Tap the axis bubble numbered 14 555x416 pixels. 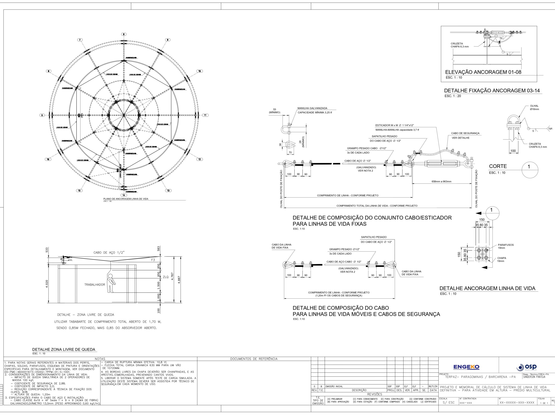pos(124,195)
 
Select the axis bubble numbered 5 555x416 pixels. pos(42,115)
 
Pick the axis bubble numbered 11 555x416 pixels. pos(205,115)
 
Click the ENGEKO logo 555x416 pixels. pos(466,367)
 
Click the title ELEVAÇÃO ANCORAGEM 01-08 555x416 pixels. pos(483,72)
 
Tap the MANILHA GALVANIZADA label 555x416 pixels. pos(312,108)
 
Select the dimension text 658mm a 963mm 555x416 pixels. pos(441,182)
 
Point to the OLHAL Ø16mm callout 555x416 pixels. pos(534,107)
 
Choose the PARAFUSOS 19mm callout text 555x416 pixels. pos(506,246)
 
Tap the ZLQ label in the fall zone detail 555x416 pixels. pos(166,277)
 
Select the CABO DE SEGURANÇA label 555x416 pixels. pos(465,133)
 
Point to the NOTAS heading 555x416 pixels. pos(100,359)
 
